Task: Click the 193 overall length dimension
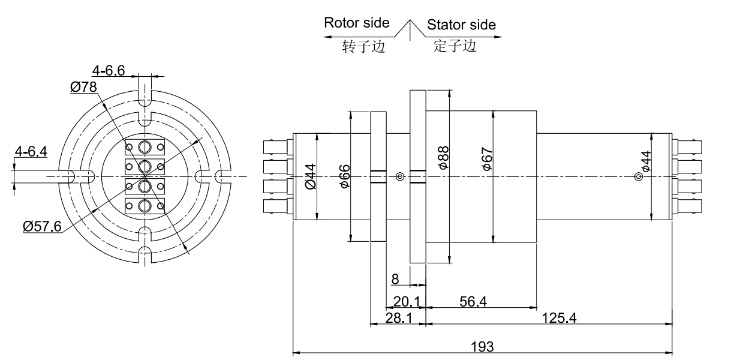(x=483, y=346)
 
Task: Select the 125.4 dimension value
(x=560, y=318)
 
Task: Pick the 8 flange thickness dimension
(x=395, y=279)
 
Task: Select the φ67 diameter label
(x=487, y=158)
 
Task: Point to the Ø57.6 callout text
(x=41, y=227)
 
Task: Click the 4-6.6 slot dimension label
(x=109, y=71)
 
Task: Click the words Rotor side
(x=356, y=23)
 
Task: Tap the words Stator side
(x=461, y=25)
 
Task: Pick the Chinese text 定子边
(x=455, y=46)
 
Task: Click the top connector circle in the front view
(x=144, y=147)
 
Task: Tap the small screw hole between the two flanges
(x=401, y=176)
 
